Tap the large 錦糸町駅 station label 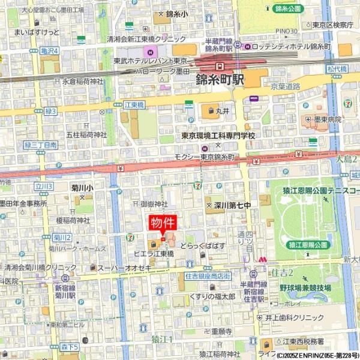tap(220, 79)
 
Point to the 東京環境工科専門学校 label tap(218, 136)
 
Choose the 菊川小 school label tap(82, 188)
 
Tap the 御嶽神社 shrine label tap(154, 204)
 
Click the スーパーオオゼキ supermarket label tap(124, 268)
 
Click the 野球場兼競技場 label tap(305, 287)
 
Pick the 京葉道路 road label tap(284, 86)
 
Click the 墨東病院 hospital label tap(327, 119)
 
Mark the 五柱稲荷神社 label tap(86, 135)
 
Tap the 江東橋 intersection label tap(135, 105)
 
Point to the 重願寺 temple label tap(217, 331)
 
